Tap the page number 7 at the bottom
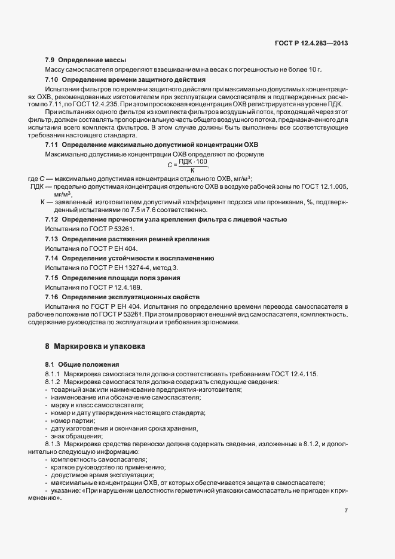[346, 511]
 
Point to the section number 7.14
[53, 258]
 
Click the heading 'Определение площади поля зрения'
[121, 278]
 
